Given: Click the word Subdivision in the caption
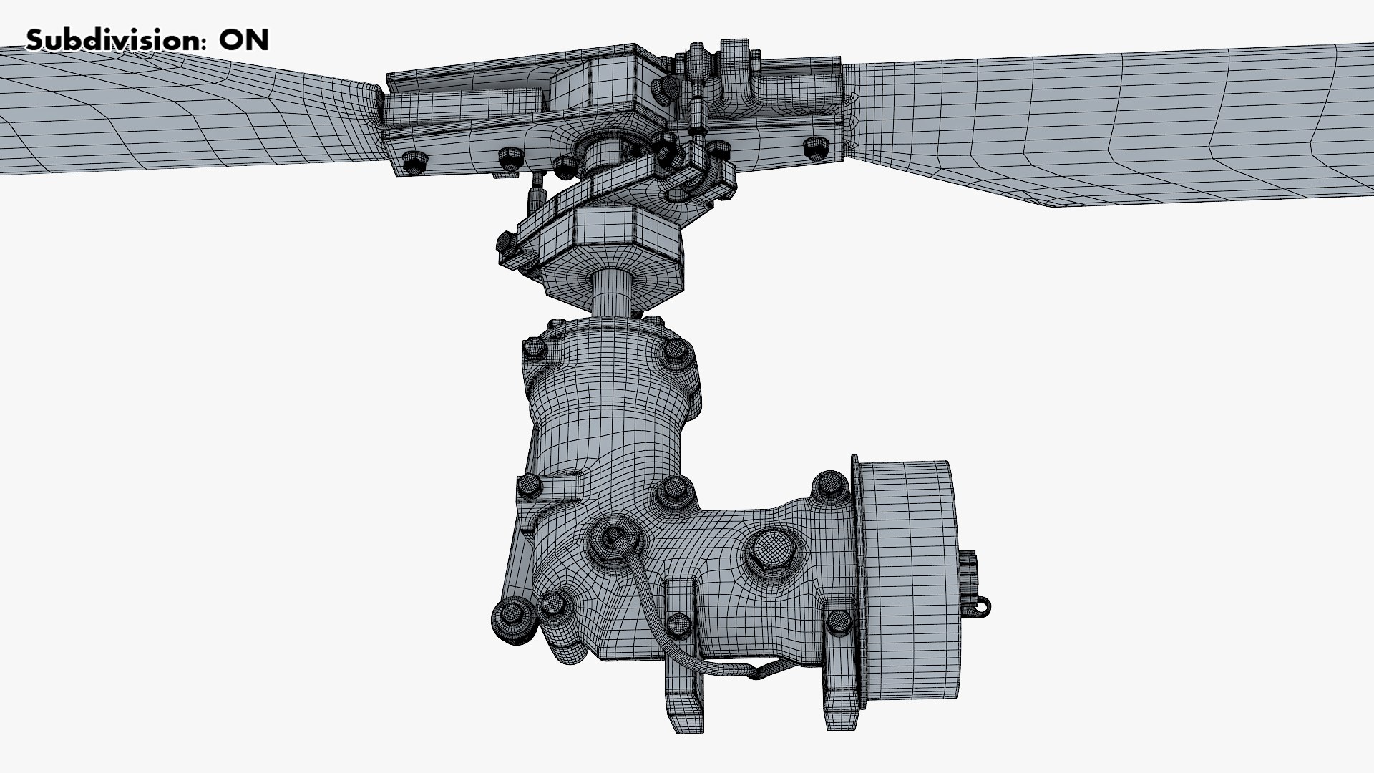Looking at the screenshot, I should point(113,40).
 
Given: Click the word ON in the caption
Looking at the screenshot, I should point(243,40).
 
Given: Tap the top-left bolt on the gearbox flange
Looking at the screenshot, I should point(535,349).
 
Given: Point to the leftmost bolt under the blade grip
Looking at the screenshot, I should point(414,162).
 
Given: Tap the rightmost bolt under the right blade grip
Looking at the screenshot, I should point(816,148).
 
